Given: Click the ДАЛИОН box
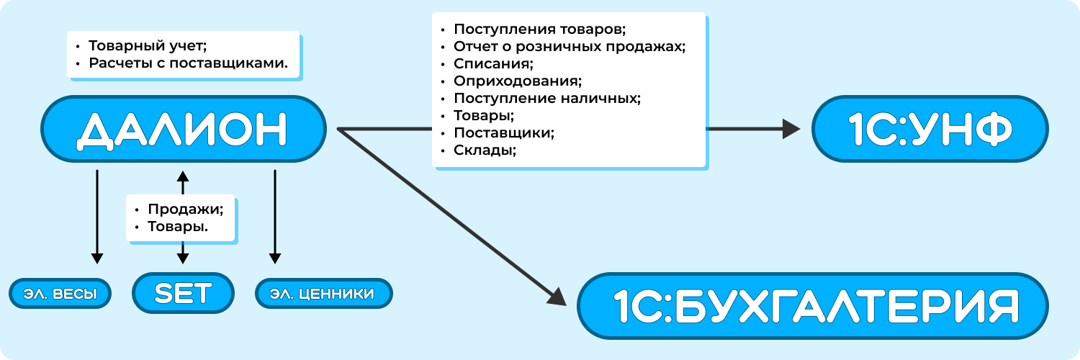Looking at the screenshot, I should pyautogui.click(x=183, y=129).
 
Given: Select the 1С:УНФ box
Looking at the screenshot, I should pyautogui.click(x=930, y=129).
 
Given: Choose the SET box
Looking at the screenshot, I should pyautogui.click(x=183, y=292).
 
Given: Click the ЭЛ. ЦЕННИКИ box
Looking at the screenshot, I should pyautogui.click(x=323, y=294).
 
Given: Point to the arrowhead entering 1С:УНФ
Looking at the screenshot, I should pyautogui.click(x=792, y=129).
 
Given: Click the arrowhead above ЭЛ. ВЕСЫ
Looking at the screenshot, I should pyautogui.click(x=97, y=258).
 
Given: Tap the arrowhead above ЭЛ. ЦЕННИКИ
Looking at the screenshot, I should pyautogui.click(x=274, y=258).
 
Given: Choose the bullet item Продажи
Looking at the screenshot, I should pyautogui.click(x=186, y=209).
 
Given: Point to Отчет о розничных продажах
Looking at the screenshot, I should pyautogui.click(x=570, y=47).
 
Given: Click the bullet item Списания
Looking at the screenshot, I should pyautogui.click(x=494, y=64).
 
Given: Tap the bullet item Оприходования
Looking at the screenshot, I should pyautogui.click(x=518, y=81).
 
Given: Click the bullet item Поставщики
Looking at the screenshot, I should pyautogui.click(x=504, y=133).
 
